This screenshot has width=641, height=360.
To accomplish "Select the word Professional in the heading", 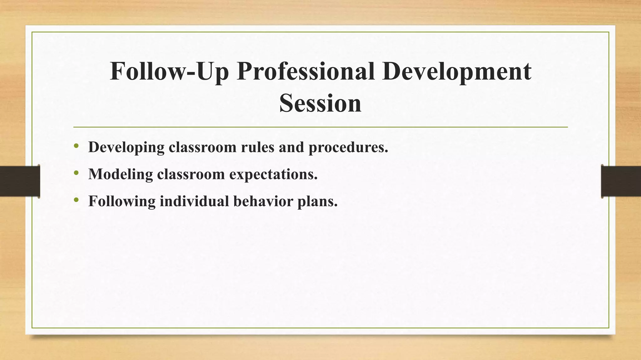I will click(x=305, y=71).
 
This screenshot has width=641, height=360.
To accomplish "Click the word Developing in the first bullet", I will click(x=126, y=147).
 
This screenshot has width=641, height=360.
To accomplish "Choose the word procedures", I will click(x=348, y=147).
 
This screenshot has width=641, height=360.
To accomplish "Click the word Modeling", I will click(x=121, y=174).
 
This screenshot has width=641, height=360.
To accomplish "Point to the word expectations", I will click(x=273, y=174).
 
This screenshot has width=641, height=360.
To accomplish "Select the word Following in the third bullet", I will click(x=122, y=201).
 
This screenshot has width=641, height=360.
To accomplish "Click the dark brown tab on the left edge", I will click(x=20, y=181).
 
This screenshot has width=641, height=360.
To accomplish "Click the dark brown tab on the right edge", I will click(x=621, y=181).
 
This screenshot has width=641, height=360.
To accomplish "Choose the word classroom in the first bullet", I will click(x=203, y=147).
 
